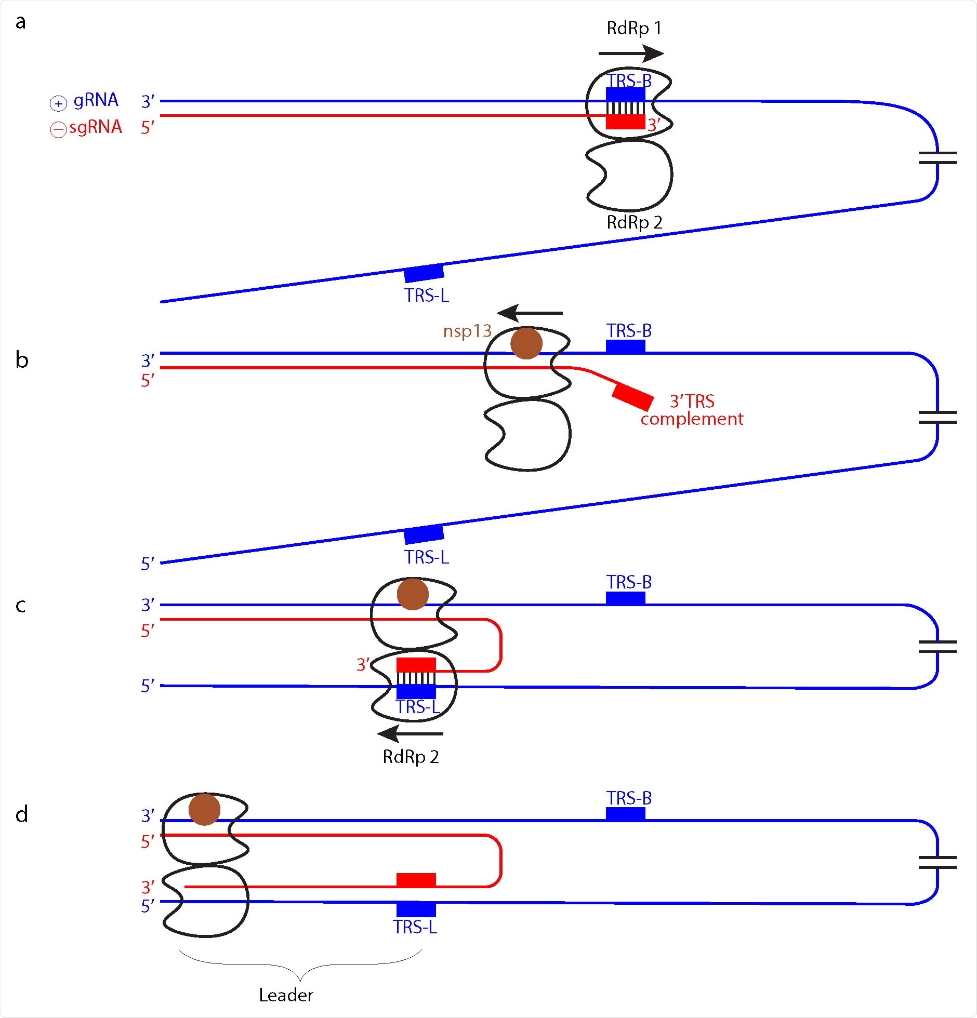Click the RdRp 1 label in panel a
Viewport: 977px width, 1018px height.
634,28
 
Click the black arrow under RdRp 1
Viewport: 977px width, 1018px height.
630,53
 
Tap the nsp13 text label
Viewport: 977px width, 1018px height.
467,331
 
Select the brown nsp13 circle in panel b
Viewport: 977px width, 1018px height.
526,343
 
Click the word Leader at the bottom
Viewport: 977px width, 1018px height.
286,995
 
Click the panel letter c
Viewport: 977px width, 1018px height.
21,605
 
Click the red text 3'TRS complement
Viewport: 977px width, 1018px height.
692,410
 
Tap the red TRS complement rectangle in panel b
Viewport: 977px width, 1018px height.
632,397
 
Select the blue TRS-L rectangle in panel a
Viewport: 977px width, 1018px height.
424,273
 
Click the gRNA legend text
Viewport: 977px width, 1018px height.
96,100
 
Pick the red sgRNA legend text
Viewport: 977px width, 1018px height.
96,127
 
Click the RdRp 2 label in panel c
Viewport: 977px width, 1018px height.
411,757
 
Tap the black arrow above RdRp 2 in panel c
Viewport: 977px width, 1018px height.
411,734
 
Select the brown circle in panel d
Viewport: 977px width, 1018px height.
204,809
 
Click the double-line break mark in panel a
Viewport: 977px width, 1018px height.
938,158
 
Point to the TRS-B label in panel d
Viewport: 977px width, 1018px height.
629,798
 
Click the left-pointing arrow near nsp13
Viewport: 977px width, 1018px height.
530,313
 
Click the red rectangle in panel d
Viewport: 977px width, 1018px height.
416,880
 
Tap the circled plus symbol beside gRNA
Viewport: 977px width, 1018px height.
58,104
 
